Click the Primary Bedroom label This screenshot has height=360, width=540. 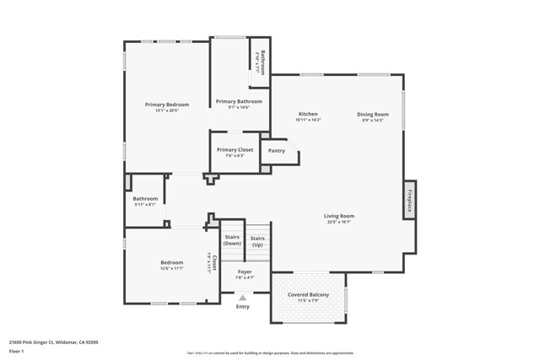[166, 105]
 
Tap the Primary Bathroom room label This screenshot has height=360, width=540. [239, 101]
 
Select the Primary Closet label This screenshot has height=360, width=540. [235, 149]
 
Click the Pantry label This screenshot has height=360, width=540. [277, 151]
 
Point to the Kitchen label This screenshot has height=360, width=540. [308, 114]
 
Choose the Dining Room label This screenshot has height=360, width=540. [372, 114]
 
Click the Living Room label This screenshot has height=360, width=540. [338, 216]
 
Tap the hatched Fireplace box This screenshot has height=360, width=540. [410, 201]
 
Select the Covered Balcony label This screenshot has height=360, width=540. [308, 294]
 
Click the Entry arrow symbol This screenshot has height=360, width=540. [243, 298]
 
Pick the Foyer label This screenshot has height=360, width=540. [245, 271]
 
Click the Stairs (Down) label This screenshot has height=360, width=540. [232, 240]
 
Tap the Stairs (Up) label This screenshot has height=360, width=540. [257, 241]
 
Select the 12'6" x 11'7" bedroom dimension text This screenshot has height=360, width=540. [172, 268]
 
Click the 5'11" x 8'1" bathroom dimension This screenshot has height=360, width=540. [145, 205]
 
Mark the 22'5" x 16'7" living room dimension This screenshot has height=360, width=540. [338, 223]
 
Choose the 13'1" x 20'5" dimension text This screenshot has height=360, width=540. [166, 110]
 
